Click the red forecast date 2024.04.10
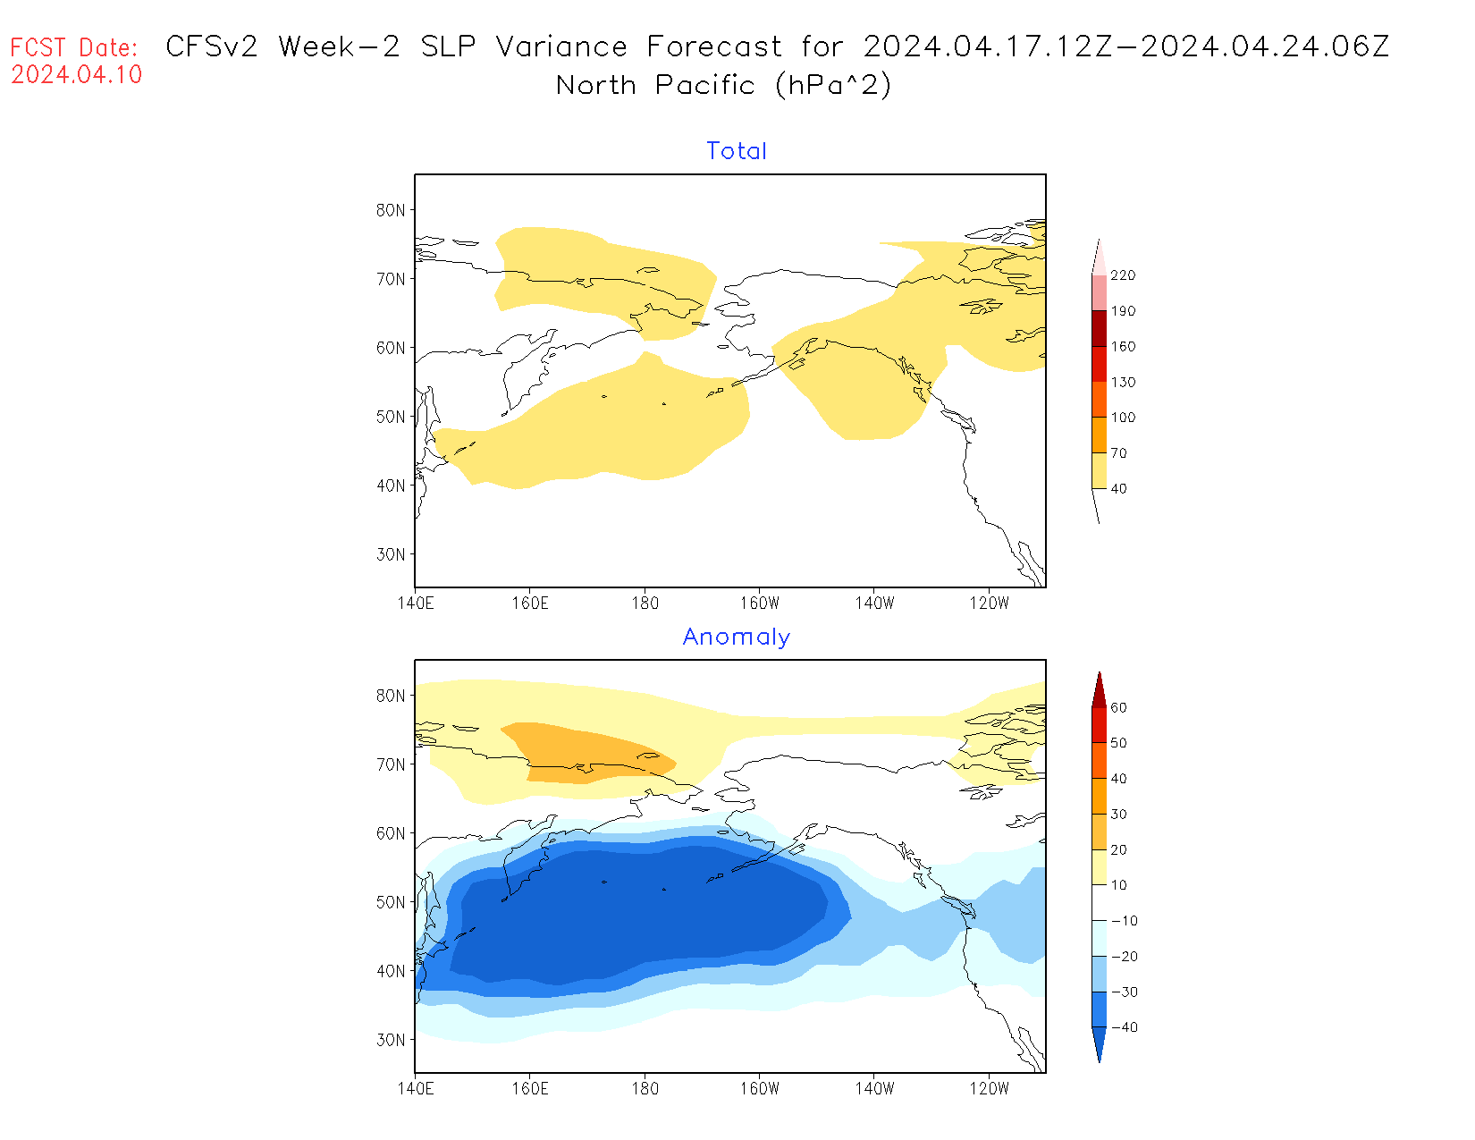click(x=77, y=75)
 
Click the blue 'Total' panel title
click(x=737, y=151)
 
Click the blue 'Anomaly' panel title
click(x=737, y=637)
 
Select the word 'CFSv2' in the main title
click(x=212, y=46)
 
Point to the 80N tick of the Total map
click(x=391, y=210)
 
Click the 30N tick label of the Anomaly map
click(x=391, y=1040)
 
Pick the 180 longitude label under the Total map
click(x=645, y=604)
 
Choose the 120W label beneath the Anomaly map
click(x=989, y=1089)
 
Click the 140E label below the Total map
click(x=416, y=604)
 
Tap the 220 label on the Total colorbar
click(x=1123, y=275)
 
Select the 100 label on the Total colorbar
click(x=1123, y=418)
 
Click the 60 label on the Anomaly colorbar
click(x=1118, y=707)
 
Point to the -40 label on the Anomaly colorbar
click(x=1124, y=1027)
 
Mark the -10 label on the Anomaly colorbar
click(x=1124, y=921)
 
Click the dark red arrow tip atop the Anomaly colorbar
click(x=1099, y=690)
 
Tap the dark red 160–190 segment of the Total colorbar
click(x=1099, y=328)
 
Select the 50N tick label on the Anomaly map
click(x=391, y=902)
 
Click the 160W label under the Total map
click(x=760, y=604)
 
